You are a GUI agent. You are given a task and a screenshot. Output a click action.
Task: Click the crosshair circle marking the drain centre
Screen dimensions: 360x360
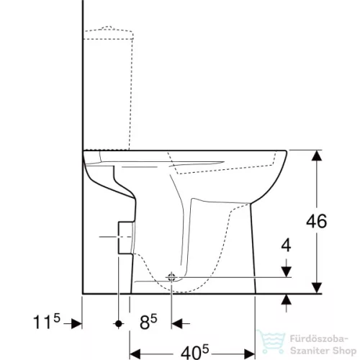[172, 277]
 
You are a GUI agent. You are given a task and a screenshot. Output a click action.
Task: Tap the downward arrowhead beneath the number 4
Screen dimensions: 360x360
[287, 271]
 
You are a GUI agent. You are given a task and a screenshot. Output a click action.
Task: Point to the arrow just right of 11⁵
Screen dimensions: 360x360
[76, 324]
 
